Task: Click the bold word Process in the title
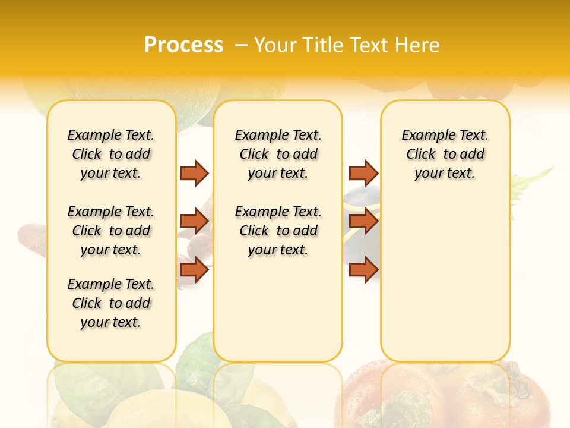tap(183, 45)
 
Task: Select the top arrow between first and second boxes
tap(194, 173)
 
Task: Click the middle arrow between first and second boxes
tap(194, 221)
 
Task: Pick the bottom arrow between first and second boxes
tap(194, 269)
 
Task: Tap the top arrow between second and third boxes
tap(363, 173)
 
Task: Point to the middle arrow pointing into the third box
tap(363, 221)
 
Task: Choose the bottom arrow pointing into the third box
tap(363, 269)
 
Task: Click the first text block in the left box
tap(111, 154)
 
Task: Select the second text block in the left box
tap(111, 231)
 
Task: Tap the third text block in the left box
tap(111, 303)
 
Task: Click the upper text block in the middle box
tap(278, 154)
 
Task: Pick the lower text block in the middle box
tap(278, 231)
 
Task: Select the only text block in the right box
tap(445, 154)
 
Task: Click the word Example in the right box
tap(425, 136)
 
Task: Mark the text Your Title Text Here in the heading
tap(347, 45)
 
